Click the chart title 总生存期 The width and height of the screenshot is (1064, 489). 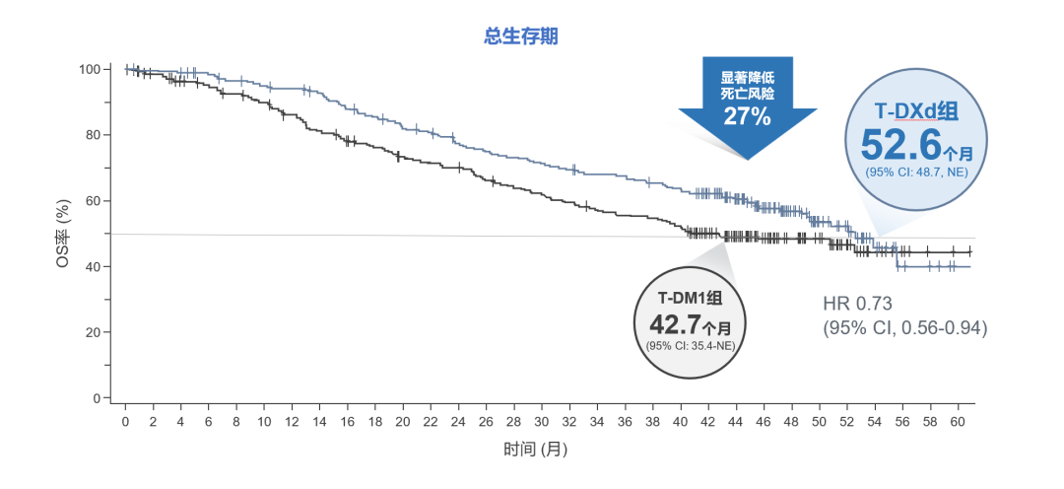point(521,36)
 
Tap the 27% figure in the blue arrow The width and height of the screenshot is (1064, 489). point(747,116)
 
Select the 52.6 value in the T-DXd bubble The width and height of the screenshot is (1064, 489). point(901,145)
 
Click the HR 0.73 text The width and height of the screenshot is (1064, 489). point(858,303)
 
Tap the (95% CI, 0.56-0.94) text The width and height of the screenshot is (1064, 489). point(904,327)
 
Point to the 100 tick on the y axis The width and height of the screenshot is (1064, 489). point(90,69)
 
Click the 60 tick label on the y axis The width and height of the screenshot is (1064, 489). point(94,201)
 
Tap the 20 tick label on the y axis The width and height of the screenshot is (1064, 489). point(94,332)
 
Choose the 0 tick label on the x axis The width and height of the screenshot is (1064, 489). point(125,421)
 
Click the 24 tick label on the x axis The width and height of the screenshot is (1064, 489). point(458,421)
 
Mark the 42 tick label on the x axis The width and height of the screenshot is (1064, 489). point(707,421)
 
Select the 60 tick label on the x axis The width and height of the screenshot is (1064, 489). point(957,421)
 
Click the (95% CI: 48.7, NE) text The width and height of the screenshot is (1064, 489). point(916,173)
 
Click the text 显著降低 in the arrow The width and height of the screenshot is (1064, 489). point(747,77)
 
